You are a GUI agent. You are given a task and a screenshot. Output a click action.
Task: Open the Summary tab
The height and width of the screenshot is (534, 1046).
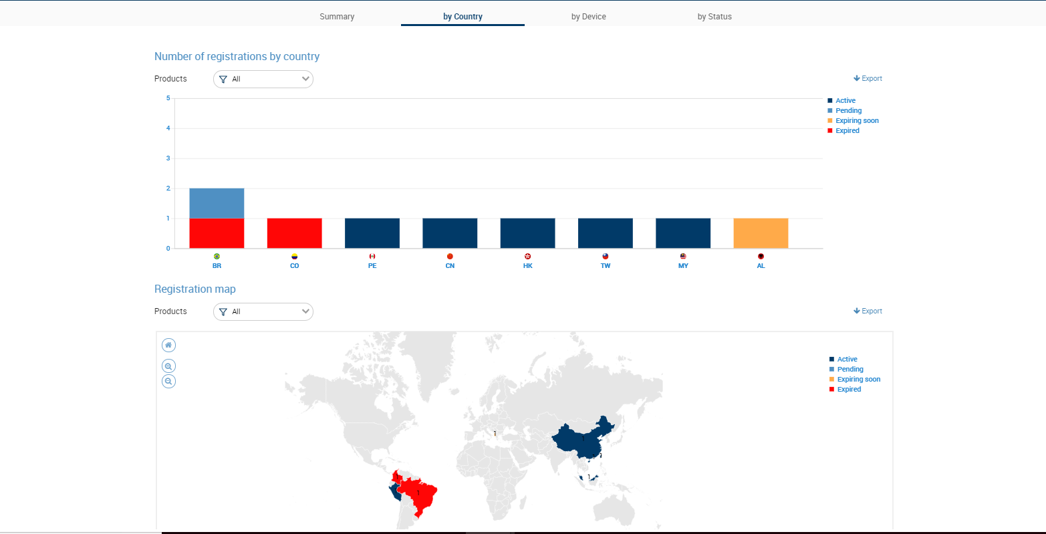tap(337, 16)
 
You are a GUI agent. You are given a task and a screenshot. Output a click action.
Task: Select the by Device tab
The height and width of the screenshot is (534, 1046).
tap(588, 16)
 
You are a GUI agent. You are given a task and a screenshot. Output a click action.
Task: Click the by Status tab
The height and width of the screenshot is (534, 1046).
tap(714, 16)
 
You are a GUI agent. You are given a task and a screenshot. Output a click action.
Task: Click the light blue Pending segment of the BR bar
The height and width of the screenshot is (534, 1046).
tap(217, 203)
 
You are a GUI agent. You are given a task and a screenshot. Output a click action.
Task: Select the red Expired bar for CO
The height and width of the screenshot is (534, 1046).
tap(294, 233)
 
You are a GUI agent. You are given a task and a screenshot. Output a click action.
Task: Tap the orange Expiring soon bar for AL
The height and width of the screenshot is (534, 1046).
tap(761, 233)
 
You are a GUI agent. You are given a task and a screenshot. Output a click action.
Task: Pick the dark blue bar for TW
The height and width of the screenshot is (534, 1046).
tap(605, 233)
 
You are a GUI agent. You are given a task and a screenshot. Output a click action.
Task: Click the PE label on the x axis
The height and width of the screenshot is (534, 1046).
tap(372, 265)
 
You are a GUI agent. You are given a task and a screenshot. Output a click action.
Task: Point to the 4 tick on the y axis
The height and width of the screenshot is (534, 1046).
tap(168, 128)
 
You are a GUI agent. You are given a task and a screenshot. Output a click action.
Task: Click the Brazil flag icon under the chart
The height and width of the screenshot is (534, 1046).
tap(217, 256)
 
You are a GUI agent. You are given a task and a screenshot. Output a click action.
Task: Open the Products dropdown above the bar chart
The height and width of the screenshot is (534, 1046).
tap(263, 79)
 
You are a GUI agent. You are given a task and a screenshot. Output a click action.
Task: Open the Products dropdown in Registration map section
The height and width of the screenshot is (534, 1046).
tap(263, 311)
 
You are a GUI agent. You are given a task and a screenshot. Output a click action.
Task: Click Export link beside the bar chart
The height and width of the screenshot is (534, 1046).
tap(868, 78)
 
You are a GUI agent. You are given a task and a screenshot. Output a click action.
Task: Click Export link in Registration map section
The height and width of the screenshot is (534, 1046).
tap(868, 311)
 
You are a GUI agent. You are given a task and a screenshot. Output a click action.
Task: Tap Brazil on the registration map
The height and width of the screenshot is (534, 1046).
tap(419, 495)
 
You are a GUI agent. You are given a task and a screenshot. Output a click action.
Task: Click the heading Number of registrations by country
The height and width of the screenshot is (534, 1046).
tap(237, 57)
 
